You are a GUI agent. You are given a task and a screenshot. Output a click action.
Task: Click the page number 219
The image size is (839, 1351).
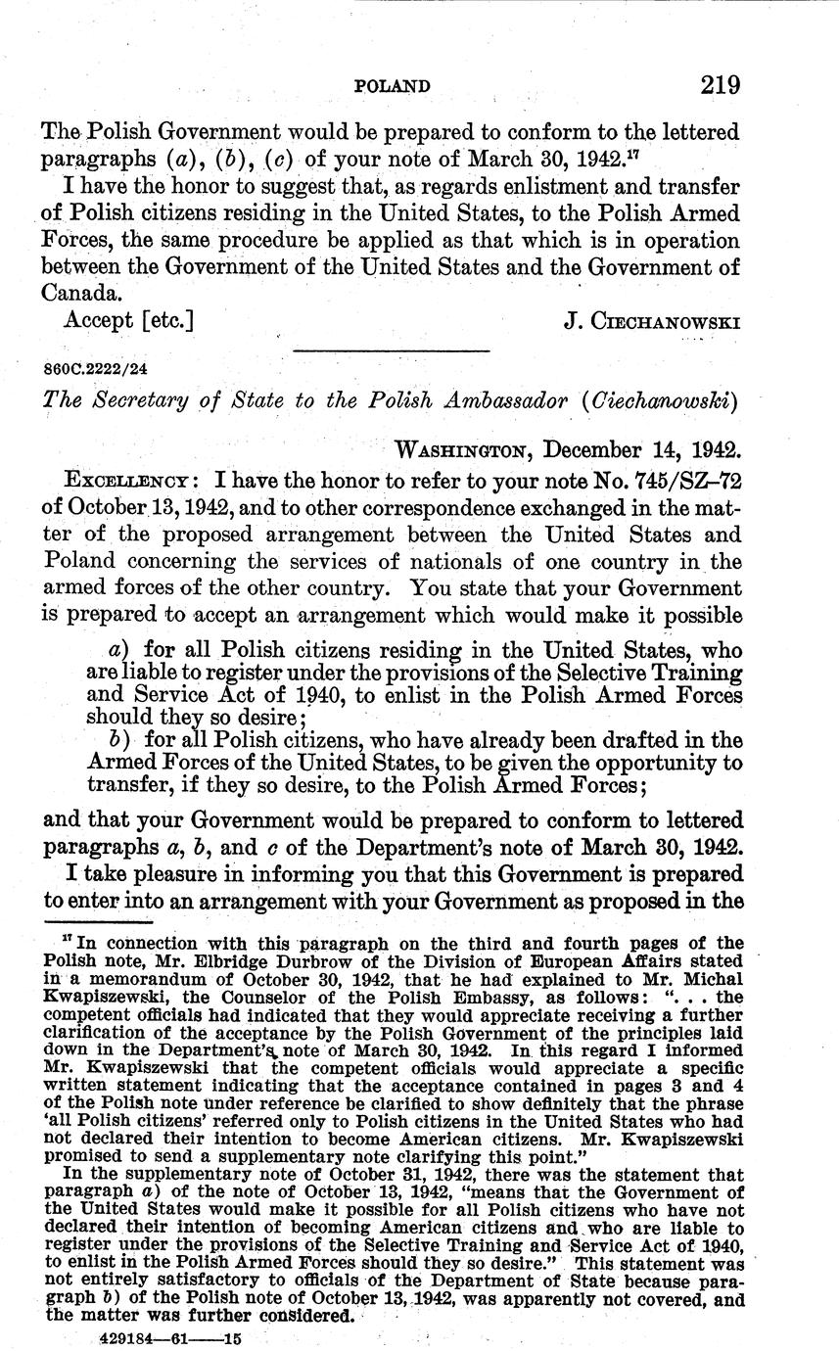pyautogui.click(x=720, y=85)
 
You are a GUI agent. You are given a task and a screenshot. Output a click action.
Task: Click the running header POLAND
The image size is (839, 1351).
pyautogui.click(x=391, y=87)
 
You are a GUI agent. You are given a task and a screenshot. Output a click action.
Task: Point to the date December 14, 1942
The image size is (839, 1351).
pyautogui.click(x=642, y=451)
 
